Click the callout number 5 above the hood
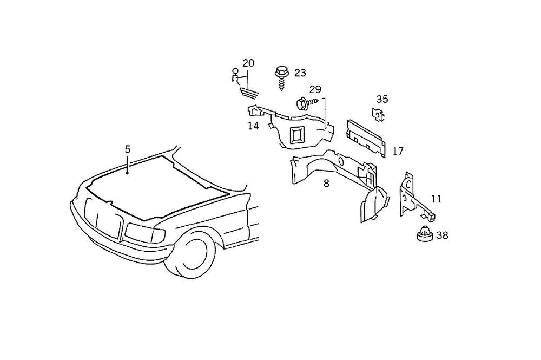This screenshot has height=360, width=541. pos(128,149)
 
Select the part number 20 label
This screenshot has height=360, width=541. pos(248,63)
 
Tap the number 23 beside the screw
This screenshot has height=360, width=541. pos(300,73)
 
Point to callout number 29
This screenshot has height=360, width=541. pos(315,89)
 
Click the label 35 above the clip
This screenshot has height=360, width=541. pos(382,99)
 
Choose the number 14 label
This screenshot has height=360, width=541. pos(253,126)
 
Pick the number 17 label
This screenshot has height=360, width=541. pos(398,151)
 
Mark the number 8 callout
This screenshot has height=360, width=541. pos(326,183)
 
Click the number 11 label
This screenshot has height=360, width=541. pos(436,199)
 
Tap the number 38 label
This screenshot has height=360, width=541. pos(442,235)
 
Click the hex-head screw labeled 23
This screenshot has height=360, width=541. pos(281,77)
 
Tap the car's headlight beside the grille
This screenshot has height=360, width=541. pos(144,233)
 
